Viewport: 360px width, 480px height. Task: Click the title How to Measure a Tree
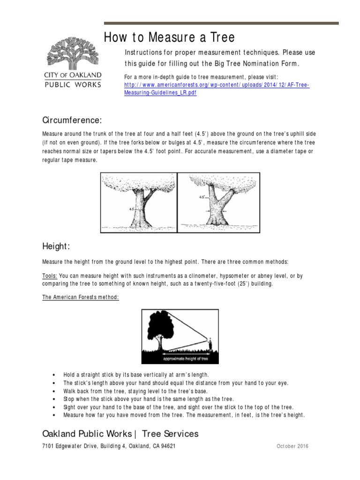click(x=169, y=37)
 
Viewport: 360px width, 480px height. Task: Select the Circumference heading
click(x=72, y=121)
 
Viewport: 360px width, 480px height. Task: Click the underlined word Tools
click(x=50, y=276)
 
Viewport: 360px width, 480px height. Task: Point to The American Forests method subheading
click(x=81, y=298)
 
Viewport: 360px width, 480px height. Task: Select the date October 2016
click(x=292, y=446)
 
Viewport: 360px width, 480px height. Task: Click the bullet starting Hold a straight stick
click(x=136, y=375)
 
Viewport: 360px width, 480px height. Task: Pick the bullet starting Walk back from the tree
click(x=135, y=391)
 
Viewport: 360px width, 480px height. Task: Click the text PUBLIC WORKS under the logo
click(x=73, y=84)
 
